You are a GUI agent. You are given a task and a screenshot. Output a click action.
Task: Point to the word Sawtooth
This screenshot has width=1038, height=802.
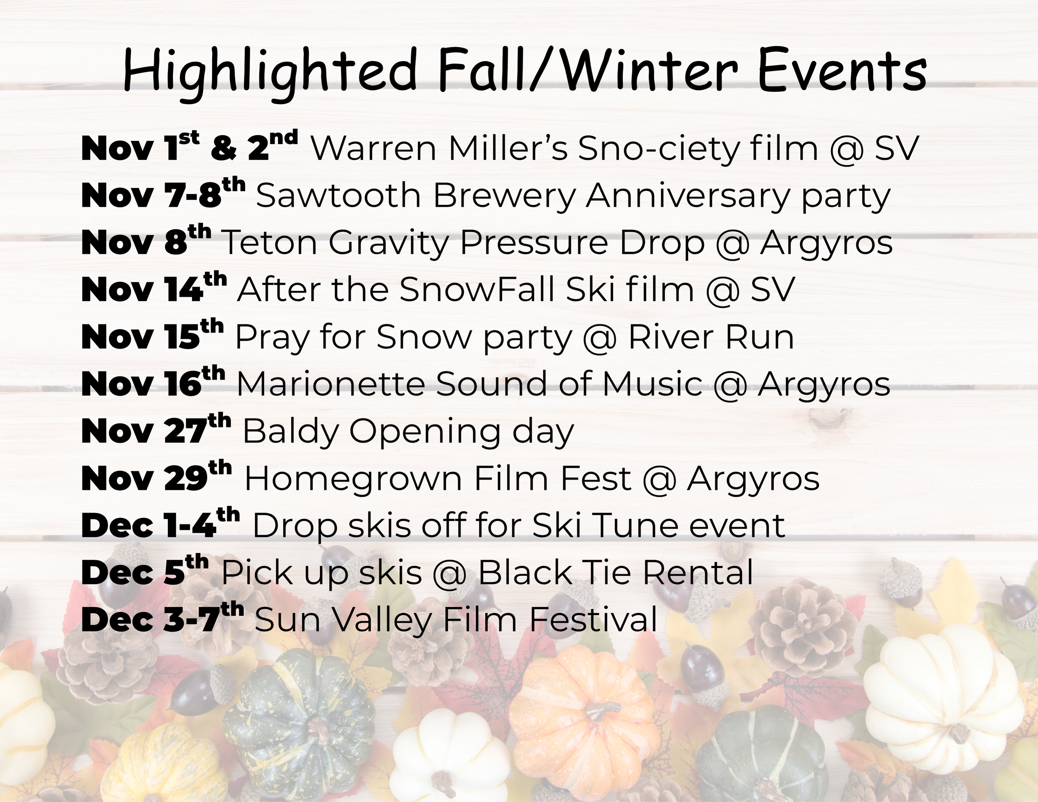tap(338, 196)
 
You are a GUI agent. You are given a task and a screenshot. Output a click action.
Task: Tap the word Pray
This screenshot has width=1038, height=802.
tap(272, 338)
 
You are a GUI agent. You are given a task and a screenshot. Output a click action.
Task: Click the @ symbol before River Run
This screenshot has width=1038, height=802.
tap(599, 338)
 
